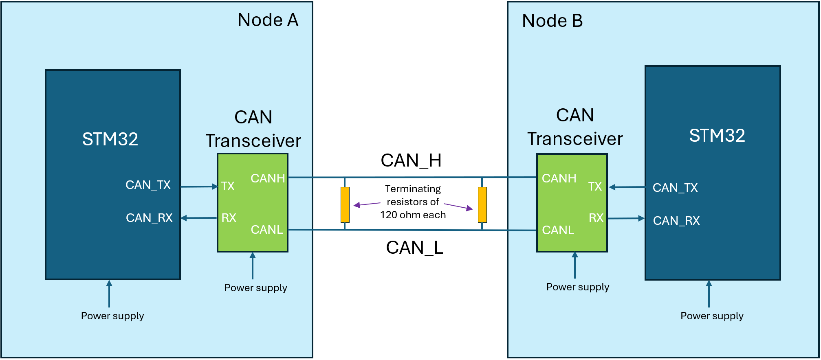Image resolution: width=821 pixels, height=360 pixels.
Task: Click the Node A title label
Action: coord(268,20)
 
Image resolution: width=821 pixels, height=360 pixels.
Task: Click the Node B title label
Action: coord(552,21)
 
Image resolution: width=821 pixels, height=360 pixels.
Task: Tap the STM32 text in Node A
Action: coord(110,139)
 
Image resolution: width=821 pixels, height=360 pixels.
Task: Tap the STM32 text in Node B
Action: coord(717,136)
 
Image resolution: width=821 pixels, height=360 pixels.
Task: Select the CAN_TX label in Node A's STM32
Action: coord(148,185)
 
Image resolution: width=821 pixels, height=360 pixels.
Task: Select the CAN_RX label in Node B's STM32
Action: coord(676,221)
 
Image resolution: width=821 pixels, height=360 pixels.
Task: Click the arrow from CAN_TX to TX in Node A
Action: coord(199,187)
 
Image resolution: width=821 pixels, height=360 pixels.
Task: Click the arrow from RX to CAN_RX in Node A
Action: coord(199,218)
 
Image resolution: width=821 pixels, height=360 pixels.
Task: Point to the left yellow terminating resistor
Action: coord(345,205)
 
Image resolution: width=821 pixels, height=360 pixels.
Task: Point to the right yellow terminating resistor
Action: coord(482,205)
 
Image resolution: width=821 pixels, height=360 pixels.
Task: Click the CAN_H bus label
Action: coord(411,160)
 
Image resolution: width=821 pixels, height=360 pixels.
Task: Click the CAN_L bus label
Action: coord(414,248)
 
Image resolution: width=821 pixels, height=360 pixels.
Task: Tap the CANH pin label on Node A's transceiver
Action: coord(267,178)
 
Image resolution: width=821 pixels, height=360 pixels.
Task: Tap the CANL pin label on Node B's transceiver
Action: coord(558,230)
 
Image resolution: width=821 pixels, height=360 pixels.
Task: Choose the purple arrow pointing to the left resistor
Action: coord(367,204)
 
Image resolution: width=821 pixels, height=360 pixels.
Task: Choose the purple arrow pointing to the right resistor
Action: coord(458,206)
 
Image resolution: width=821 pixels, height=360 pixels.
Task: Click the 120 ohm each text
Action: coord(413,215)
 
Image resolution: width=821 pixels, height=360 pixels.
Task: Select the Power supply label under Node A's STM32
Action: coord(112,316)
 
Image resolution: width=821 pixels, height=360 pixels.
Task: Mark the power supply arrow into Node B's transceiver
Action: coord(575,265)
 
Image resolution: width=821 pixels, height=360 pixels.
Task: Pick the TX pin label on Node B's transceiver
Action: coord(595,187)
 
